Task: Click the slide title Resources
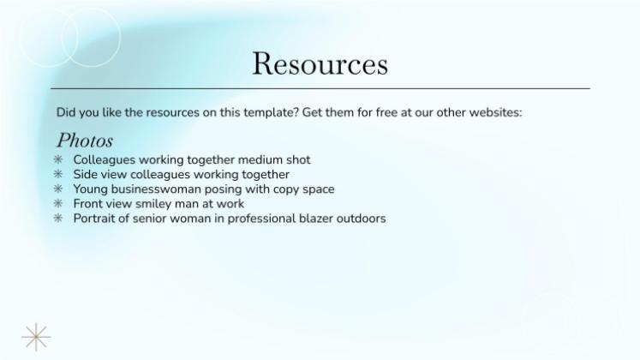[320, 64]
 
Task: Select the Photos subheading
[85, 140]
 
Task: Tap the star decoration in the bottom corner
[36, 337]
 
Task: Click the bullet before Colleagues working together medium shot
[58, 160]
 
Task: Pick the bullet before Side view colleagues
[58, 175]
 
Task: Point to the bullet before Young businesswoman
[58, 189]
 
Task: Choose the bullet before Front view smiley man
[58, 204]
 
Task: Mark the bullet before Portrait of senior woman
[58, 219]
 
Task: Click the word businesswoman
[150, 189]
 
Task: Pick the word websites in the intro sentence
[492, 112]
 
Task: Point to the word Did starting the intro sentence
[66, 112]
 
